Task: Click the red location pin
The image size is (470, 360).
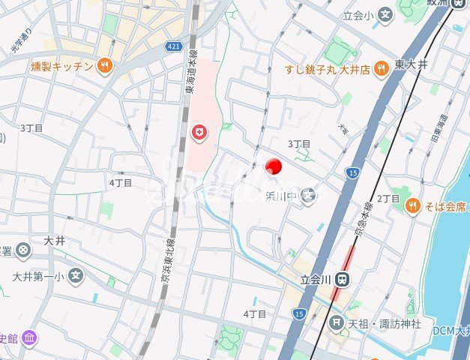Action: [274, 166]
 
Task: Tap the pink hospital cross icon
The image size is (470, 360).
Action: [200, 133]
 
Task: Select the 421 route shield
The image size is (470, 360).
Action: [174, 46]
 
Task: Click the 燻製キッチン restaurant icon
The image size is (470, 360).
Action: [105, 66]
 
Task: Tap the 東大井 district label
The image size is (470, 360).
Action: [412, 66]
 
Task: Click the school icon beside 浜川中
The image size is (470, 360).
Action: [309, 195]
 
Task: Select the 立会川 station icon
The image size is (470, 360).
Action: [343, 279]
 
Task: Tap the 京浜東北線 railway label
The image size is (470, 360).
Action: [166, 259]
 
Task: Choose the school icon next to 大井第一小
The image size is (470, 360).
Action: [75, 277]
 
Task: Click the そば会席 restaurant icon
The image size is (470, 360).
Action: [412, 205]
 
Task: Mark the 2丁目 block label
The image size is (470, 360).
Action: [388, 198]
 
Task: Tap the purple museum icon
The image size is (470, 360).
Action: [28, 337]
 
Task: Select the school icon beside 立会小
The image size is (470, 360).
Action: [385, 14]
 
